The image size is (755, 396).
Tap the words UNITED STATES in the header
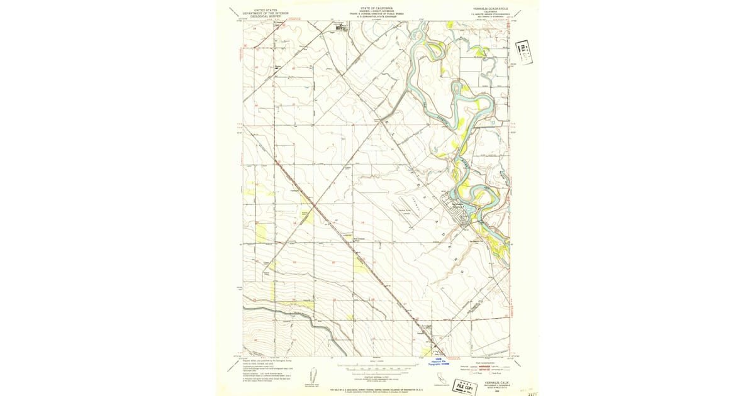pos(264,9)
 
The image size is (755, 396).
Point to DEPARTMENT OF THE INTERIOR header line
pos(264,13)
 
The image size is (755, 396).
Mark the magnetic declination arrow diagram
pos(313,382)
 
